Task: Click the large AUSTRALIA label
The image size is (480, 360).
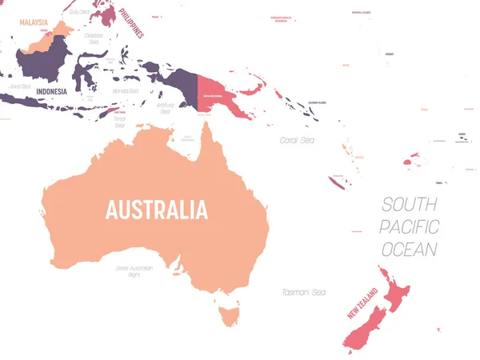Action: coord(157,210)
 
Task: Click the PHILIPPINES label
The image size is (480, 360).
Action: coord(131,22)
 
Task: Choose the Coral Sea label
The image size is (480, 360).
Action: coord(297,140)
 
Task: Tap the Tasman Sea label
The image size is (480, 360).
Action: coord(304,292)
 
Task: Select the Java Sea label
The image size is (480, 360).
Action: coord(19,85)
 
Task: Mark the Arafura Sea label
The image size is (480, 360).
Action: coord(166,108)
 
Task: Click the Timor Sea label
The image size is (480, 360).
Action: coord(120,122)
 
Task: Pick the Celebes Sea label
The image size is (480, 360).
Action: coord(95,38)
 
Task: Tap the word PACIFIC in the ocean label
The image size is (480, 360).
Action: coord(409,226)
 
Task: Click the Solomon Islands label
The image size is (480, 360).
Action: coord(317,102)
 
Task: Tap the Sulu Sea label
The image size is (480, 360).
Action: coord(79,12)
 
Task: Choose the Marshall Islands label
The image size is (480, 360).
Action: coord(361,12)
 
